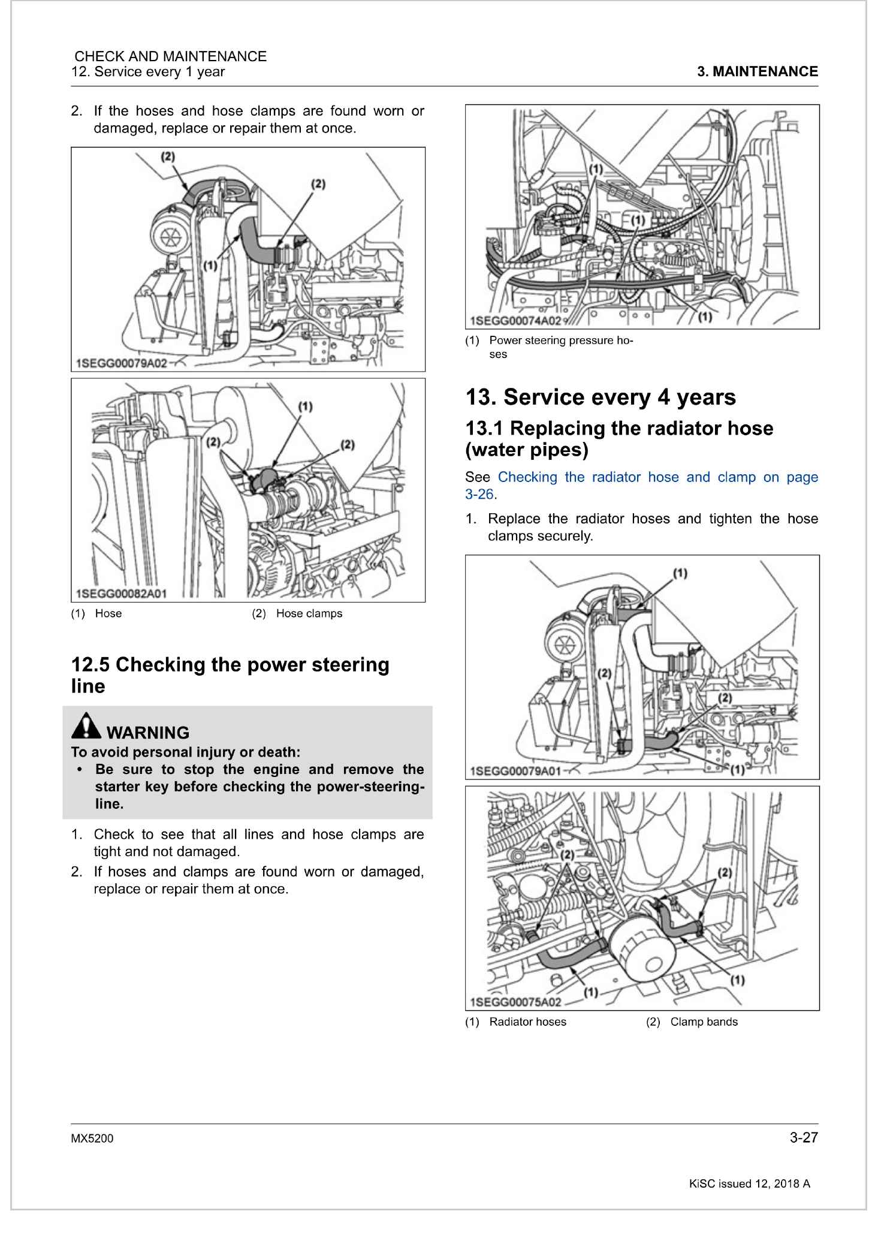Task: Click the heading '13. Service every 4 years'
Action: click(x=601, y=397)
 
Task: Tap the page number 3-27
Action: click(x=803, y=1138)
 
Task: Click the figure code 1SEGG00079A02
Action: click(x=122, y=364)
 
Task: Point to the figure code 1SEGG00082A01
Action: click(x=122, y=594)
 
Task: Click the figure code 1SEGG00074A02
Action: click(x=515, y=321)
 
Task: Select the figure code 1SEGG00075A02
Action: click(x=516, y=1002)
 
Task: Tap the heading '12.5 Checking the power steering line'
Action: click(x=230, y=675)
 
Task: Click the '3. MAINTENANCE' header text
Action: click(x=758, y=72)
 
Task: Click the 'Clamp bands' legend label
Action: click(x=704, y=1022)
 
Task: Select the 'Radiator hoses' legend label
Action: click(x=527, y=1022)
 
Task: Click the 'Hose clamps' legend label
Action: click(x=309, y=614)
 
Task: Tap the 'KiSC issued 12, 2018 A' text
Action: click(x=749, y=1184)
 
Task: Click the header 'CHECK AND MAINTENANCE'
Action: click(x=170, y=56)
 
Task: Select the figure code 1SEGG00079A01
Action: click(x=516, y=772)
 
